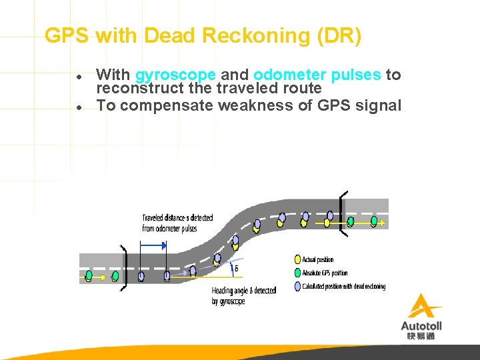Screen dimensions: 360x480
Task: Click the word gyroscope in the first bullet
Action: click(x=175, y=75)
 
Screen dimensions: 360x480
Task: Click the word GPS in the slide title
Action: click(x=67, y=35)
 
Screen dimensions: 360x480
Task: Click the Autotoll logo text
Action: click(x=421, y=325)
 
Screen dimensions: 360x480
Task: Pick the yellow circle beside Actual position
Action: click(x=297, y=259)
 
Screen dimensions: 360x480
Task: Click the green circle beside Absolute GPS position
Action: click(x=297, y=273)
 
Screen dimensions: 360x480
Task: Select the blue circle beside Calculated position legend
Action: click(x=297, y=286)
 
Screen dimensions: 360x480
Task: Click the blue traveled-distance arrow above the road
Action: click(x=153, y=245)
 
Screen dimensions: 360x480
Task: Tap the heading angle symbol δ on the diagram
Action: click(x=236, y=269)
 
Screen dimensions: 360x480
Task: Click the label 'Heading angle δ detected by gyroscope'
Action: click(x=243, y=296)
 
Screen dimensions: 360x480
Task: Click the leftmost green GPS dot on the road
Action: click(x=89, y=275)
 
